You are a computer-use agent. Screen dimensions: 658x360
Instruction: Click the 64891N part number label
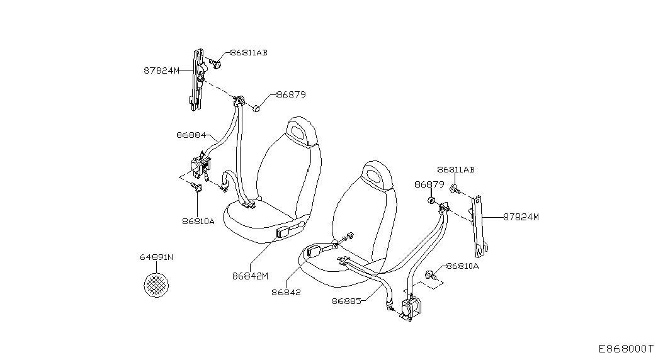click(x=156, y=257)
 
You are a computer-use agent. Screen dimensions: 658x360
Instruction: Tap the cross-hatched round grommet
click(x=156, y=284)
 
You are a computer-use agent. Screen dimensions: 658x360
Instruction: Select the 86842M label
click(x=250, y=276)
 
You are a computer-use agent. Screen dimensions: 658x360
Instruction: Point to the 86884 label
click(x=191, y=135)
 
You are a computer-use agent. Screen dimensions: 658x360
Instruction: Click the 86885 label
click(x=346, y=301)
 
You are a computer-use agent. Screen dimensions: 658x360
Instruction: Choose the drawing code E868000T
click(x=626, y=349)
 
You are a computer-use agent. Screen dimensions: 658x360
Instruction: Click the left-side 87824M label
click(x=162, y=70)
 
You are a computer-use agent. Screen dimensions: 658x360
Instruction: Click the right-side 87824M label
click(x=521, y=217)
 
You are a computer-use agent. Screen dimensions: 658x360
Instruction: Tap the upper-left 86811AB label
click(x=249, y=53)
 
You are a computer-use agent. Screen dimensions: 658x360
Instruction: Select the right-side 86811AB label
click(x=456, y=170)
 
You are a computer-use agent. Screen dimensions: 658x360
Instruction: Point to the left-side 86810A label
click(x=198, y=221)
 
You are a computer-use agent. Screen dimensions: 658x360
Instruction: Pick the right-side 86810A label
click(x=462, y=266)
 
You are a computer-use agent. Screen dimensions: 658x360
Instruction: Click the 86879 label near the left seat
click(x=291, y=95)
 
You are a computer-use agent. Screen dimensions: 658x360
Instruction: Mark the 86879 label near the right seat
click(x=429, y=184)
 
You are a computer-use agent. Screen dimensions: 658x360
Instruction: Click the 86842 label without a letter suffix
click(x=286, y=293)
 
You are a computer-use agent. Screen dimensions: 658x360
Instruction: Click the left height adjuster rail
click(x=197, y=80)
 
